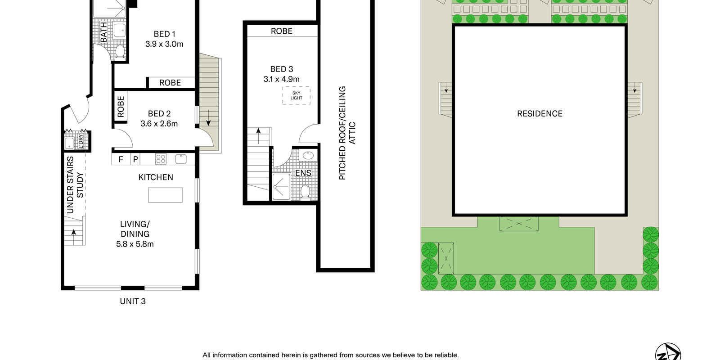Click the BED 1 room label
coord(164,34)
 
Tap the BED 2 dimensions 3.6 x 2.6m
coord(159,123)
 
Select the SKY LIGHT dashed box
coord(297,95)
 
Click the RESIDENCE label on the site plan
coord(540,113)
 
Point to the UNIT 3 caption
coord(133,301)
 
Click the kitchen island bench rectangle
coord(165,195)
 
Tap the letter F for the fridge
coord(121,159)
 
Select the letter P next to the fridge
coord(135,159)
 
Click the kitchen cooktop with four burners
coord(161,159)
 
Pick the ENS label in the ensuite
coord(303,173)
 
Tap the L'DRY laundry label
coord(81,141)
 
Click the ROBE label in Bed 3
coord(282,31)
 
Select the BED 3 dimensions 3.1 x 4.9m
coord(282,79)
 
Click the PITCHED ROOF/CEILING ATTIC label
coord(347,133)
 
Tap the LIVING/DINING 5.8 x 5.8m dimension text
coord(135,244)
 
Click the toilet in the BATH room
coord(120,51)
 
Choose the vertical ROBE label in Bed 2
coord(121,107)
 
